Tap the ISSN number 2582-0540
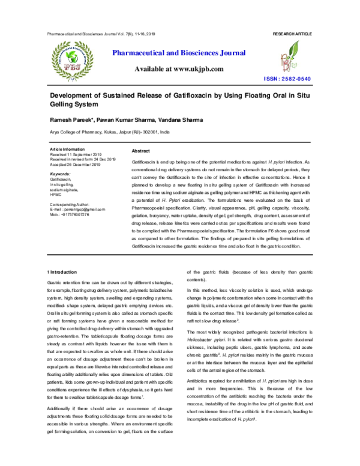(298, 79)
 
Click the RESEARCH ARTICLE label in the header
(292, 34)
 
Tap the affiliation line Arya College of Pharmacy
(109, 131)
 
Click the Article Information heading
(68, 148)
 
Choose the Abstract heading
(140, 151)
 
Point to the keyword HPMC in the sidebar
(56, 195)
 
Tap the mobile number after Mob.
(76, 214)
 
